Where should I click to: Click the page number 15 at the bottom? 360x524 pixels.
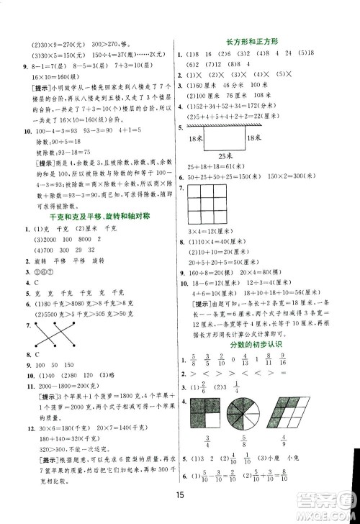pyautogui.click(x=180, y=493)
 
